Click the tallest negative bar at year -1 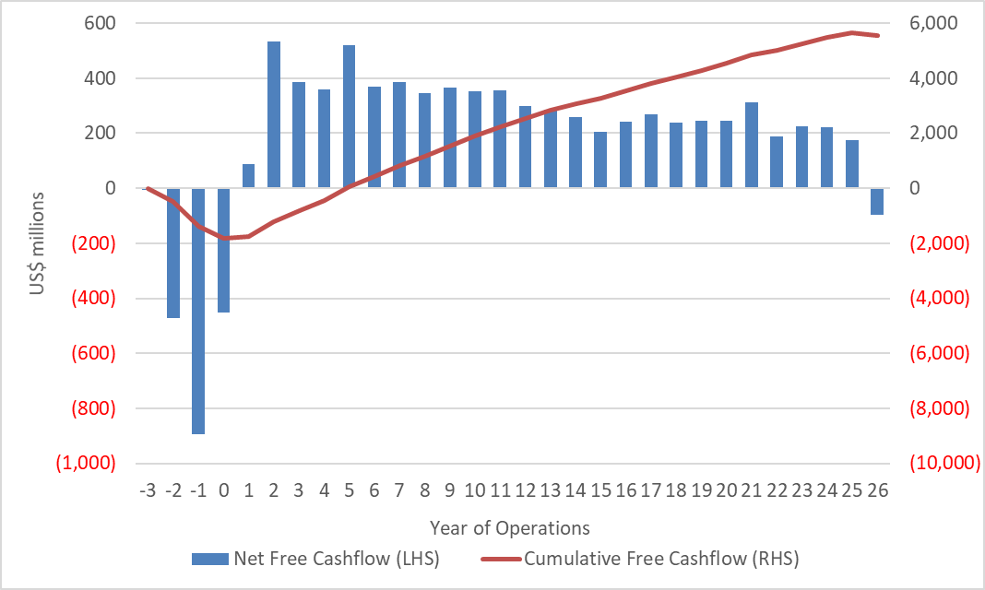198,311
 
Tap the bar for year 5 350,116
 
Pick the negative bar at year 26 876,201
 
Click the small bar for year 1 249,176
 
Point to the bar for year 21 752,145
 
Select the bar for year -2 173,253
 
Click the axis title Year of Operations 509,528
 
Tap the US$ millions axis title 36,243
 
